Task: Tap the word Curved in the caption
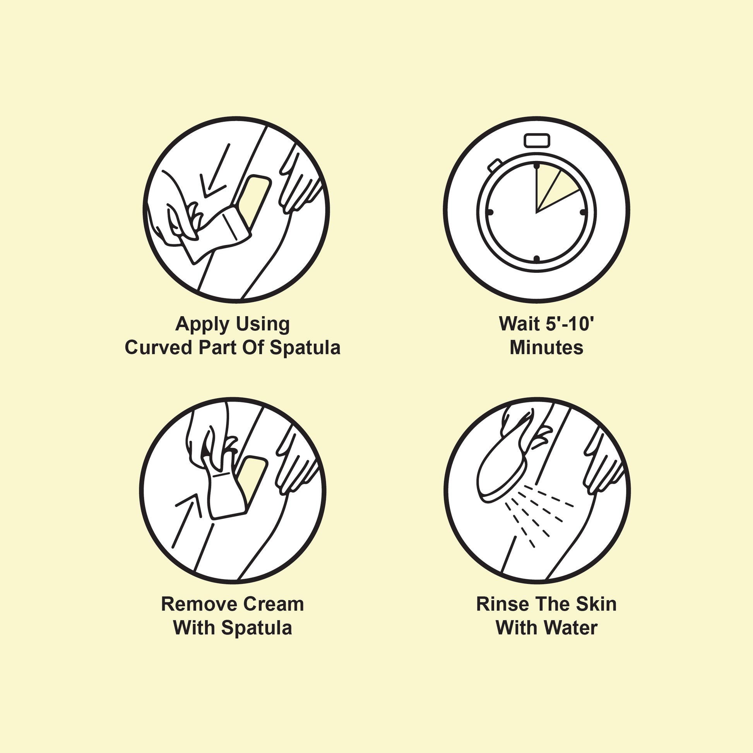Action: (158, 347)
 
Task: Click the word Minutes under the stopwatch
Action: (546, 347)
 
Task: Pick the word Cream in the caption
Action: (269, 604)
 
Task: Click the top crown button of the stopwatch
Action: (537, 141)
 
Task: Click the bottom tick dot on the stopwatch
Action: (537, 259)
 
